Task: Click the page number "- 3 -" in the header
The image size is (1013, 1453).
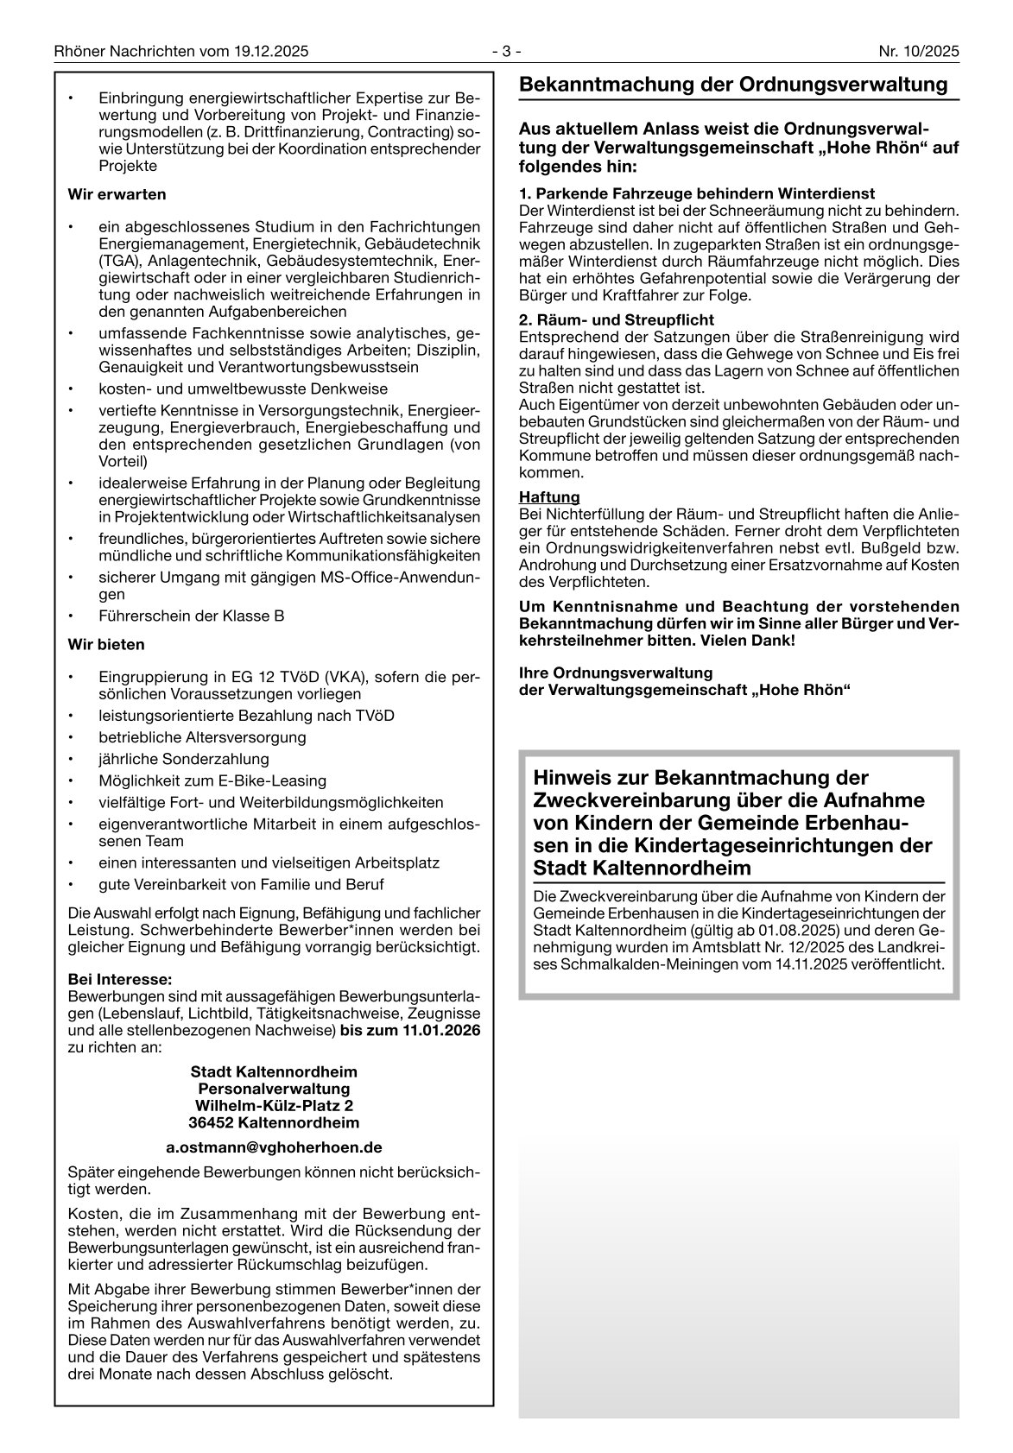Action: tap(506, 52)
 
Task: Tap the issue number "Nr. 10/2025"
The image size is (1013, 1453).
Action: tap(919, 52)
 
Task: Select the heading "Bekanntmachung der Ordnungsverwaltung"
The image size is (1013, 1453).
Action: tap(733, 85)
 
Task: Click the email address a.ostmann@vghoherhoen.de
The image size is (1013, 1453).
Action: tap(274, 1148)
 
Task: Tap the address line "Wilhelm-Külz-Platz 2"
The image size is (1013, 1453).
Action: tap(274, 1106)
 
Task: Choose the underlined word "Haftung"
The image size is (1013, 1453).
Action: tap(549, 498)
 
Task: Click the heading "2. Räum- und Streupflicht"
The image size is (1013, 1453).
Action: tap(617, 320)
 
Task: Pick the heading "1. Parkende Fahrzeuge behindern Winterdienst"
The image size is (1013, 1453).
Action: tap(697, 193)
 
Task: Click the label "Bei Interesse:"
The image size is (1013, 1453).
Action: tap(120, 980)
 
